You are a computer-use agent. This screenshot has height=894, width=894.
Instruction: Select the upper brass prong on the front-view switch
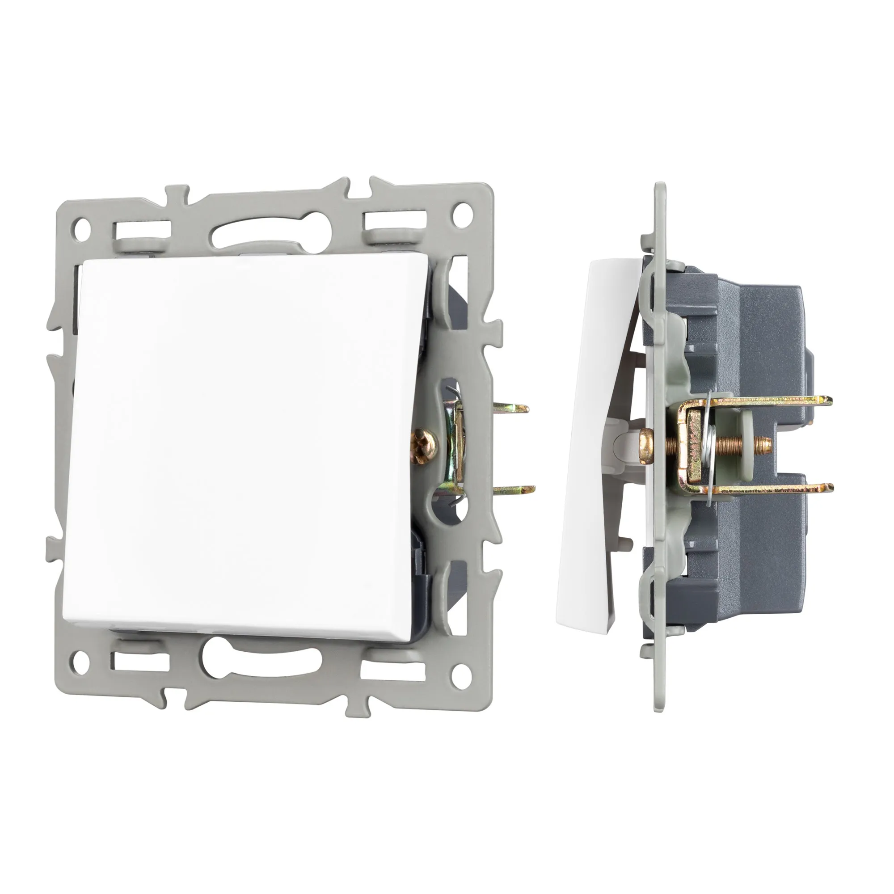point(511,408)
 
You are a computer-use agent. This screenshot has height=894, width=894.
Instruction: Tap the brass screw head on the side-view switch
point(645,445)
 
